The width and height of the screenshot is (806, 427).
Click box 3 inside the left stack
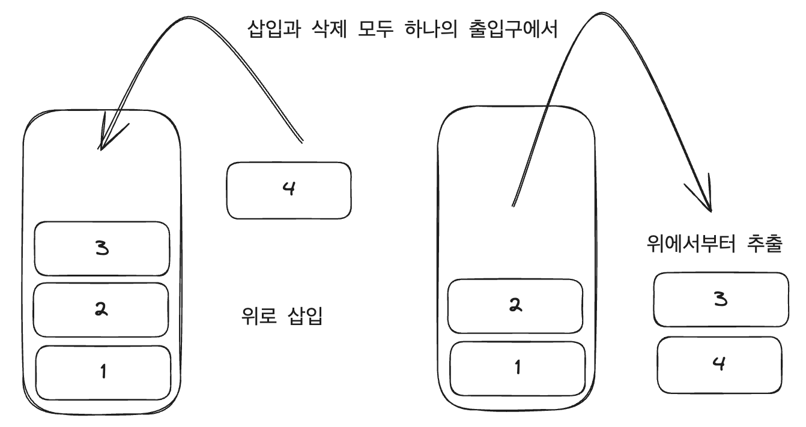(102, 249)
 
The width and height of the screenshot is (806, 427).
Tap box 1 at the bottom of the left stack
(103, 372)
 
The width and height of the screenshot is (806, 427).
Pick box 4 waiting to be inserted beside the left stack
(289, 190)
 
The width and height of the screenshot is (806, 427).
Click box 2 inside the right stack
(515, 306)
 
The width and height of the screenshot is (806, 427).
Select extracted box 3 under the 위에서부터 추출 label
(721, 299)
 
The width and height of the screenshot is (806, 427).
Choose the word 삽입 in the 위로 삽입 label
(305, 314)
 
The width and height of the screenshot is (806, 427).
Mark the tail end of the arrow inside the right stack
(512, 205)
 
